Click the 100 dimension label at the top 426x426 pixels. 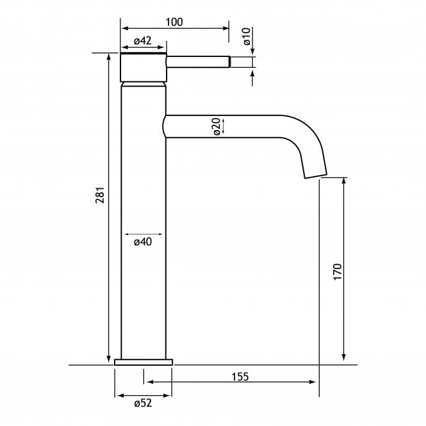tap(174, 22)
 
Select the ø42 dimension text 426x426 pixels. tap(143, 41)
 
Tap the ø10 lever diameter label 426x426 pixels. tap(247, 37)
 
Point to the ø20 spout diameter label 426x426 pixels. tap(217, 127)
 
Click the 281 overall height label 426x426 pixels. tap(100, 195)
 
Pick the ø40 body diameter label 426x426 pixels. tap(143, 242)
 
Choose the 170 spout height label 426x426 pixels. tap(337, 272)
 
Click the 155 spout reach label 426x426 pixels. tap(240, 377)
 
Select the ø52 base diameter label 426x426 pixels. tap(143, 403)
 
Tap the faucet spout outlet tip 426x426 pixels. tap(315, 176)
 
